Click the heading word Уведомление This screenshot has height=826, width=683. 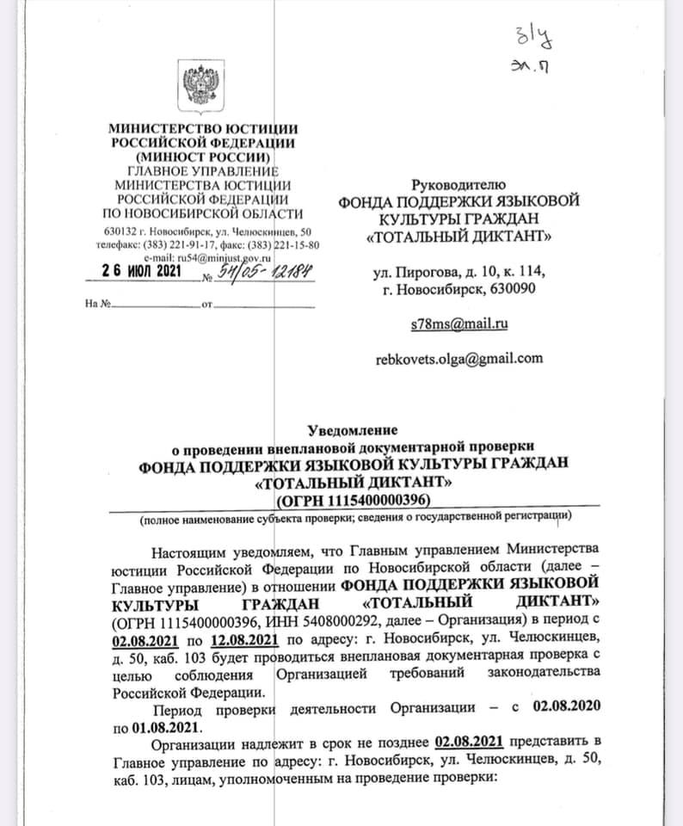[354, 429]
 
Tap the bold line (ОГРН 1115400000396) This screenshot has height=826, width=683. [354, 499]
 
